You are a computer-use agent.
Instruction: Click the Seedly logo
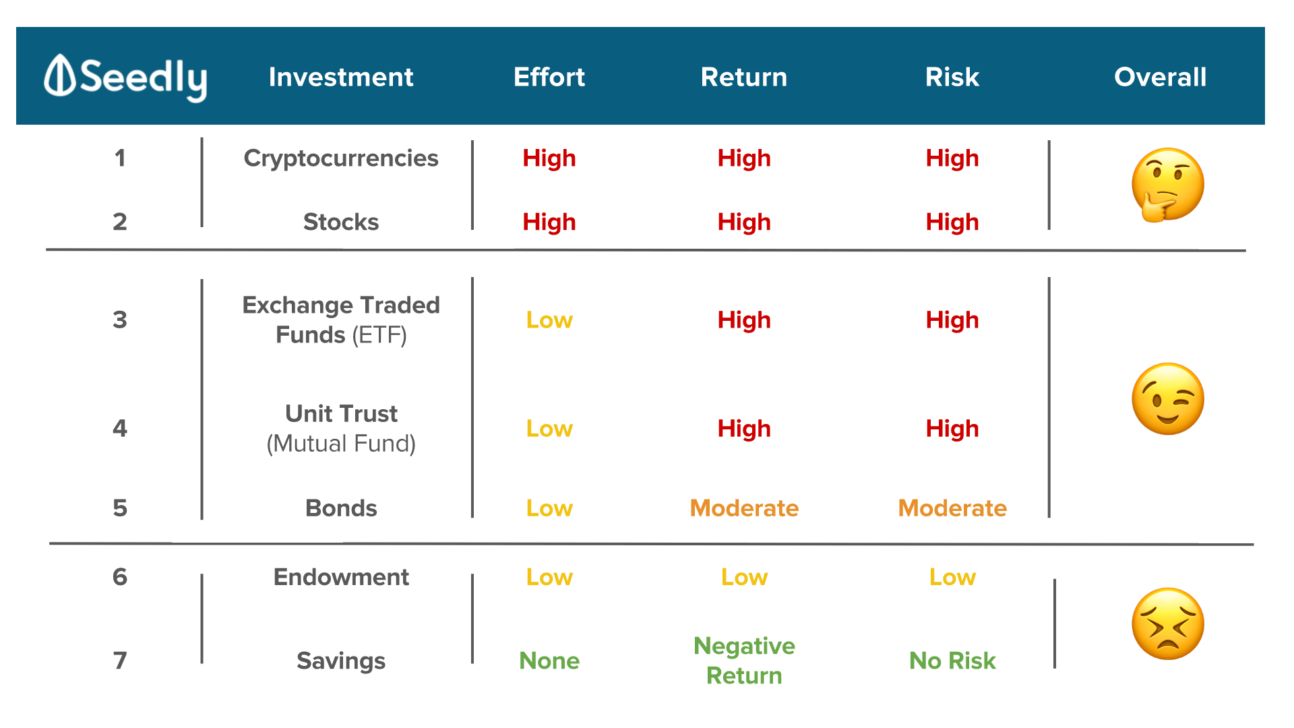pyautogui.click(x=125, y=78)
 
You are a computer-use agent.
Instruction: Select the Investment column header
pyautogui.click(x=341, y=77)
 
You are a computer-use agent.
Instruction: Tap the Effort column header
pyautogui.click(x=549, y=77)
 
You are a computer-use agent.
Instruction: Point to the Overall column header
pyautogui.click(x=1160, y=77)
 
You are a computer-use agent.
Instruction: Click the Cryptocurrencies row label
pyautogui.click(x=341, y=158)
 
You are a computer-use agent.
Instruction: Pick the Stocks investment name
pyautogui.click(x=341, y=222)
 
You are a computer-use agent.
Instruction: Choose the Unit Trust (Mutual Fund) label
pyautogui.click(x=341, y=428)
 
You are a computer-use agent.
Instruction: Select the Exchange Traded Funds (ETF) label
pyautogui.click(x=341, y=320)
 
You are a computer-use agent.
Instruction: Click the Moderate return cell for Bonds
pyautogui.click(x=744, y=508)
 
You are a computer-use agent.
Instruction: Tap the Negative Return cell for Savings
pyautogui.click(x=744, y=661)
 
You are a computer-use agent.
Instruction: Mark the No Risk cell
pyautogui.click(x=952, y=661)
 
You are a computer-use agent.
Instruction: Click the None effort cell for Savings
pyautogui.click(x=549, y=661)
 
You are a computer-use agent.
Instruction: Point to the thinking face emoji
pyautogui.click(x=1167, y=185)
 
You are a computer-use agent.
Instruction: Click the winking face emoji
pyautogui.click(x=1168, y=399)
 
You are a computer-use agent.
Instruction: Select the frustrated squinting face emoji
pyautogui.click(x=1168, y=624)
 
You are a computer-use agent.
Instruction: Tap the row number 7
pyautogui.click(x=120, y=661)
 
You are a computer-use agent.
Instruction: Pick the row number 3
pyautogui.click(x=120, y=320)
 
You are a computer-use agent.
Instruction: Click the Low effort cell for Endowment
pyautogui.click(x=549, y=577)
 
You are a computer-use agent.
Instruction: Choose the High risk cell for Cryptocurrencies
pyautogui.click(x=952, y=158)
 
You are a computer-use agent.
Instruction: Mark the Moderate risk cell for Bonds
pyautogui.click(x=952, y=508)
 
